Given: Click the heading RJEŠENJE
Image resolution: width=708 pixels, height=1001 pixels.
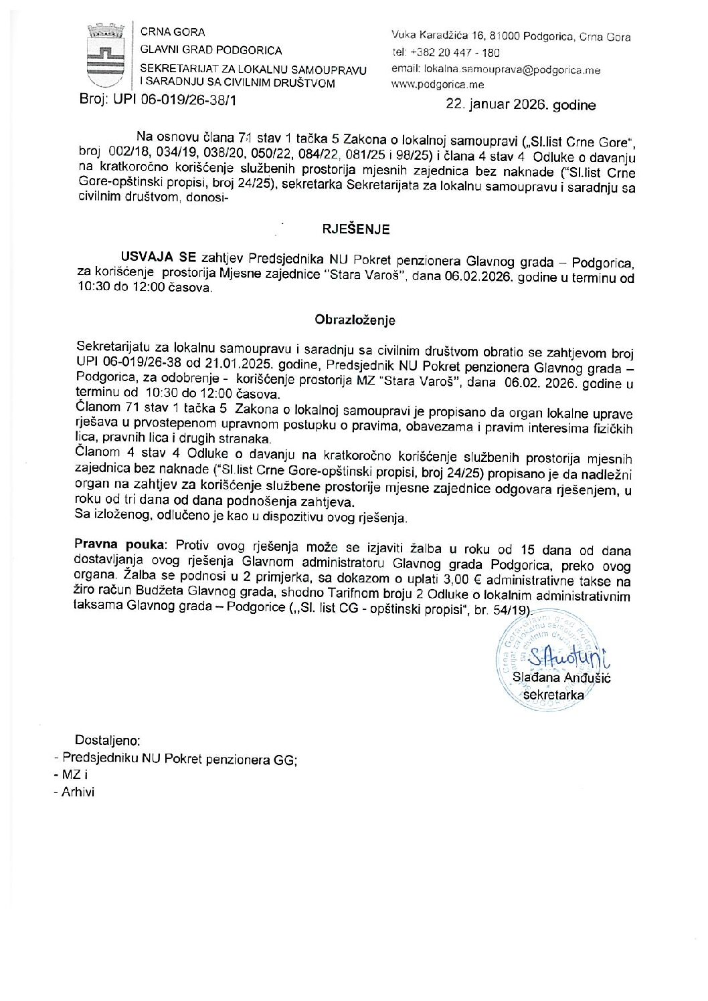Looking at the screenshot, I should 355,229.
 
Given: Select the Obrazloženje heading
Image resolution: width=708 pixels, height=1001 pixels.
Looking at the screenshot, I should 355,320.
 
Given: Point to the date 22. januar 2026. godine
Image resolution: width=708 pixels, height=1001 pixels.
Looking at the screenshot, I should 520,105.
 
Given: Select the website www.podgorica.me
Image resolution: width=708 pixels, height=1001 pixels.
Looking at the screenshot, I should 438,85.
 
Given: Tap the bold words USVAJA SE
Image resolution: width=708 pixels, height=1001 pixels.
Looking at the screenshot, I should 159,257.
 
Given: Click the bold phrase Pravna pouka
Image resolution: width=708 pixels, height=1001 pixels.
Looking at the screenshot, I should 118,544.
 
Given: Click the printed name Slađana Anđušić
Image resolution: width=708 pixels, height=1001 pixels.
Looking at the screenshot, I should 561,677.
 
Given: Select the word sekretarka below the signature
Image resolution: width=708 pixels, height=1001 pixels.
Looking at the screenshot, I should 553,695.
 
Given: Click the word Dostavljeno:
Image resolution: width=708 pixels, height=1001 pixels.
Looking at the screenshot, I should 108,740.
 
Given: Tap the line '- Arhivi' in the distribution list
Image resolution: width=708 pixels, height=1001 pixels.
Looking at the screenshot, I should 75,792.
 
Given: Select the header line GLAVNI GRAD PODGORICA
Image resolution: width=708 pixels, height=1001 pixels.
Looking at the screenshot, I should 211,50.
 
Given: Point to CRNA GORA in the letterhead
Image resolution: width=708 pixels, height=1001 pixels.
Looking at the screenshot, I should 173,32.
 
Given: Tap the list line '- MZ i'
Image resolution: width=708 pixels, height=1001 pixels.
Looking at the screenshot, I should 71,775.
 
